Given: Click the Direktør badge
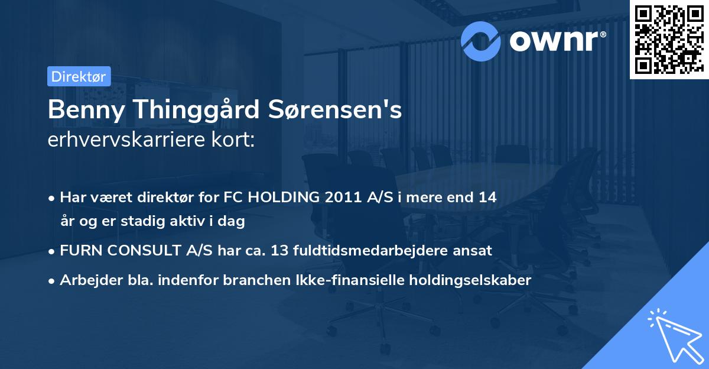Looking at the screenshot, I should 79,77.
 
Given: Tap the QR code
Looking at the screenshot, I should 669,40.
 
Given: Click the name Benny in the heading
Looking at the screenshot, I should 80,109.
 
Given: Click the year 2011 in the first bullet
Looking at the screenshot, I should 343,198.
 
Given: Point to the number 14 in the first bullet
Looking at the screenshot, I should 487,198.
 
